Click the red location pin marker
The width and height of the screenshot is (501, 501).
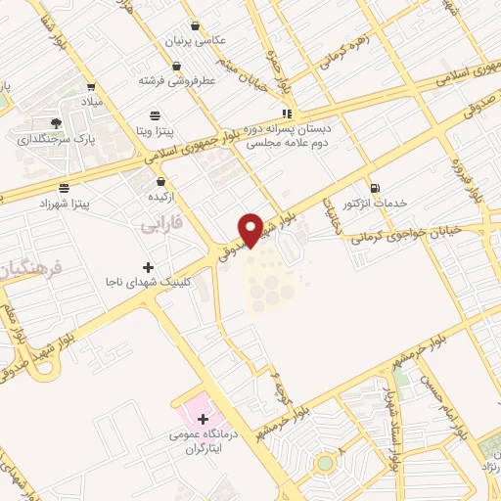pos(251,229)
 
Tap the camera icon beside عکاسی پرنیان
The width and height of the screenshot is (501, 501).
pos(196,26)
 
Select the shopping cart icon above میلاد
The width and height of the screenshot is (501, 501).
pos(91,86)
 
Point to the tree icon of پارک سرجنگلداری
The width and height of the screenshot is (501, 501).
pos(56,122)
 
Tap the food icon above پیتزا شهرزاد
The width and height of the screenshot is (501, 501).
pos(64,186)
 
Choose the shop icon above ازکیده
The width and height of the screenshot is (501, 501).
pos(160,181)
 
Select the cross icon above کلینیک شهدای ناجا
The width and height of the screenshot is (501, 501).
pos(148,266)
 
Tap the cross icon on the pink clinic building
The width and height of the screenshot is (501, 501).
pos(203,420)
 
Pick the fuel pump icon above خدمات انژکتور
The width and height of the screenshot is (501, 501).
pos(375,187)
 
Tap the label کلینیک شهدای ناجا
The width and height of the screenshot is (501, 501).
pos(149,281)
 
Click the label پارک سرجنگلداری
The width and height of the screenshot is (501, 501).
pos(57,138)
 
